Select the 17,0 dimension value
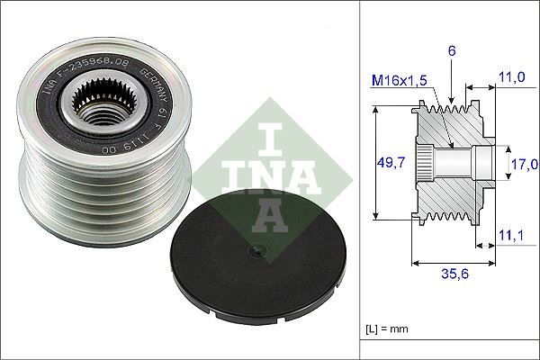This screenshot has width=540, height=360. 524,164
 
